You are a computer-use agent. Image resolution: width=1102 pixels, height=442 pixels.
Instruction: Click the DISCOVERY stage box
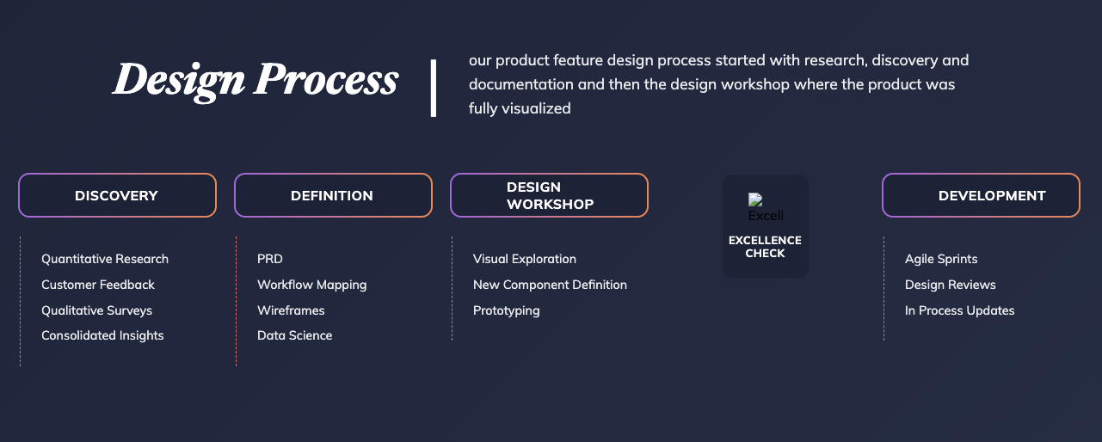(x=117, y=195)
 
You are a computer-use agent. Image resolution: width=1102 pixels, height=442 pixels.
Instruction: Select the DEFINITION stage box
(x=333, y=195)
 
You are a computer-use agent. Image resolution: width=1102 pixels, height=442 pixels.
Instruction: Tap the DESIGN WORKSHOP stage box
(x=549, y=195)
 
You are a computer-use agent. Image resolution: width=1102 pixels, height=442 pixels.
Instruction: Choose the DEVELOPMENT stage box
(x=981, y=195)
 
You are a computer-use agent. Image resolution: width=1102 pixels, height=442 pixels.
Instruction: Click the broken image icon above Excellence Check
(x=755, y=200)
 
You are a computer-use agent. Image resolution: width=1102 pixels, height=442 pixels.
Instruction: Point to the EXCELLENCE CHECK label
(x=765, y=247)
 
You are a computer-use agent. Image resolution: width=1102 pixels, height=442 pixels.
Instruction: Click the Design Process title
(x=255, y=80)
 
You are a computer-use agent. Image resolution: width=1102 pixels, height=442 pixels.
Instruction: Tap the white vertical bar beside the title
(x=434, y=88)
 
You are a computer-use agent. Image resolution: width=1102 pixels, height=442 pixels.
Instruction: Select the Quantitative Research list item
(x=105, y=259)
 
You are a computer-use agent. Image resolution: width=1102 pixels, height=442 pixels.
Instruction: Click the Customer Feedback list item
(x=98, y=285)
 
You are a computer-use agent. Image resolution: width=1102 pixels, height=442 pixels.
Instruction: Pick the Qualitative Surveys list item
(x=97, y=310)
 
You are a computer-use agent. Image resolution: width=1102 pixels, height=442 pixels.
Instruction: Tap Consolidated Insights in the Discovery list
(x=102, y=336)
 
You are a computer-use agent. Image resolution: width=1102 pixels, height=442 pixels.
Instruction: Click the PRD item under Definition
(x=270, y=259)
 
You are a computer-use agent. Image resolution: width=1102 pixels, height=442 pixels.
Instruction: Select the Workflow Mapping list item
(x=312, y=285)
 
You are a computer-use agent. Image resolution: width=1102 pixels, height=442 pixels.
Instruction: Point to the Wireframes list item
(x=291, y=310)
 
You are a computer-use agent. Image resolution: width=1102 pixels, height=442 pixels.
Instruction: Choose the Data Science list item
(x=295, y=336)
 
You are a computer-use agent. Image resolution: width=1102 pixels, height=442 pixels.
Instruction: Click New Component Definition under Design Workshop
(x=550, y=285)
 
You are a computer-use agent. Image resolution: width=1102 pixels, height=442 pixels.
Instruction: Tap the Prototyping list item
(x=506, y=310)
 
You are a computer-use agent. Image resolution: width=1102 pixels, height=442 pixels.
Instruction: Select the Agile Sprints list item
(x=941, y=259)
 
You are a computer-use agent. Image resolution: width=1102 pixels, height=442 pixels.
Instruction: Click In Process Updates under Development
(x=960, y=310)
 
